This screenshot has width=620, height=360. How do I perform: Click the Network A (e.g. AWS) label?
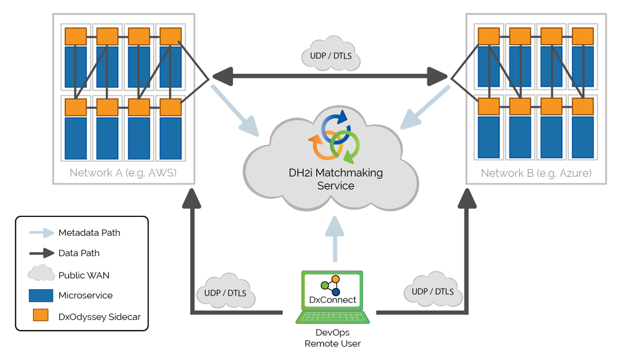[x=123, y=173]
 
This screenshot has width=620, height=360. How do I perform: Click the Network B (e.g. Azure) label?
[x=536, y=173]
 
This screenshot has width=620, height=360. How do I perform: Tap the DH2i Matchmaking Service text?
[x=336, y=179]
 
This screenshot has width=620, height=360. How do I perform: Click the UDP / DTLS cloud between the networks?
[x=331, y=55]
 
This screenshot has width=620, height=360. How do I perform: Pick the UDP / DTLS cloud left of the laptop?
[x=225, y=292]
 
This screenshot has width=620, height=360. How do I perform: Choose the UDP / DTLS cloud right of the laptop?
[x=433, y=290]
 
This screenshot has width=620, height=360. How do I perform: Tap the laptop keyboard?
[x=333, y=317]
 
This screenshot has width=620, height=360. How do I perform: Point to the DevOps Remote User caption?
[x=333, y=338]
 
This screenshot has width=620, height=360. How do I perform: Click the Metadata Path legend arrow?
[x=41, y=233]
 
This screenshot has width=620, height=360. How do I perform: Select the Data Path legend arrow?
[x=41, y=253]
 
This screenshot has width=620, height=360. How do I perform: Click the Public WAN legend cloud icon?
[x=41, y=274]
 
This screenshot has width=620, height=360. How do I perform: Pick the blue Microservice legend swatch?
[x=41, y=296]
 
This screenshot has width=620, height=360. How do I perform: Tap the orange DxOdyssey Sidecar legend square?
[x=41, y=315]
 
